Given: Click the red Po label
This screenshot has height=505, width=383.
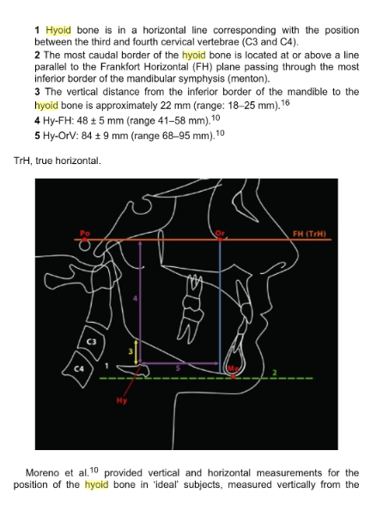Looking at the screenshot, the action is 85,233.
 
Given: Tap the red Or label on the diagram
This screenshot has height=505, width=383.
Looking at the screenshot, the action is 220,233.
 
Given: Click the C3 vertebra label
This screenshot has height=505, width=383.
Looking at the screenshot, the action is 92,342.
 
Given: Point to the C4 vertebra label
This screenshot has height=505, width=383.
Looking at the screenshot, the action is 79,368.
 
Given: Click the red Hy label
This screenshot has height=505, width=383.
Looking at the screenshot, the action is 121,400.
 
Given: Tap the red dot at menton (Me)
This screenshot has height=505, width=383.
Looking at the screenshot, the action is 233,375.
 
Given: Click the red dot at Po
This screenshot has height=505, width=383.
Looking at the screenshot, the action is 84,240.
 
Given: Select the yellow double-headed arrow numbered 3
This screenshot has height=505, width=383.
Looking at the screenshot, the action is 136,351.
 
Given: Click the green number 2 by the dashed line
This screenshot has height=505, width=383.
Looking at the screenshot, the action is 275,373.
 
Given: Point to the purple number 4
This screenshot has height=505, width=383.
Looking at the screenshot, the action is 136,299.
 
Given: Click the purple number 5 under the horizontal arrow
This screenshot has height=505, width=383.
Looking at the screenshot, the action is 178,368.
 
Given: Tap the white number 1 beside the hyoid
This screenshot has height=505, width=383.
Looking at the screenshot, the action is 107,366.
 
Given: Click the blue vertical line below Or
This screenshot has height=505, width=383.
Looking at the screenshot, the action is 220,307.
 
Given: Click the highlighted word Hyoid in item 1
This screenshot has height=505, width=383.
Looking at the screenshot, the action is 58,30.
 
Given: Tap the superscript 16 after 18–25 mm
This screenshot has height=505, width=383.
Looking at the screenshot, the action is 285,103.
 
